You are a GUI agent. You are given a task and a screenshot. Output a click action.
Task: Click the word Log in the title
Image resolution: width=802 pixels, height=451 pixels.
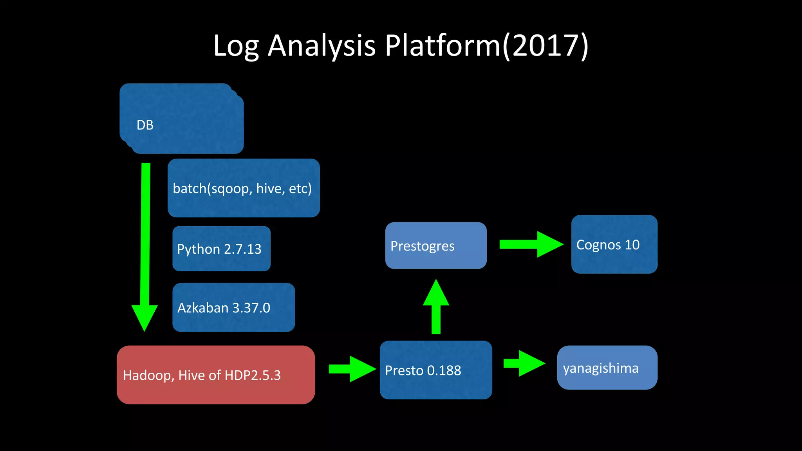[236, 46]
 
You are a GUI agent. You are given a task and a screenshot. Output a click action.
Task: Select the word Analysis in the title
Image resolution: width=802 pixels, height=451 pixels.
[322, 46]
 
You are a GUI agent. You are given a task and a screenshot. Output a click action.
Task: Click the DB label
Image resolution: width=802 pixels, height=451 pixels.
[145, 125]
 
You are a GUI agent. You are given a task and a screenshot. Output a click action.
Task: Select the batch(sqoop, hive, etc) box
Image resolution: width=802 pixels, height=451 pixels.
[244, 188]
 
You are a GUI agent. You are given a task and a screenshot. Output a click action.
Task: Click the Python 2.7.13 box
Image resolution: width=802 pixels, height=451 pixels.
[221, 249]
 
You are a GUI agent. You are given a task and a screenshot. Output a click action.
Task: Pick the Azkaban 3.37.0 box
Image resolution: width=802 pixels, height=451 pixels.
[233, 307]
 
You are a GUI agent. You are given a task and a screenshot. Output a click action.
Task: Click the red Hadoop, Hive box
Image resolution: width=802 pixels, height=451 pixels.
[216, 375]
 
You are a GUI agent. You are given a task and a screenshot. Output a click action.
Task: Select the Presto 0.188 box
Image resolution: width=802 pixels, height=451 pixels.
[436, 370]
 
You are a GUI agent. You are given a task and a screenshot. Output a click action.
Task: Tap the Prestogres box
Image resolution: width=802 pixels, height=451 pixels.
[436, 245]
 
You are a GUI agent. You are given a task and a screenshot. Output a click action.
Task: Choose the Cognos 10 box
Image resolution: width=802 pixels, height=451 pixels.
[614, 244]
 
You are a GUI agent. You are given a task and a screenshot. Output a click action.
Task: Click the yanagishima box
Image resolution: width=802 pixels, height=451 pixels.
[607, 368]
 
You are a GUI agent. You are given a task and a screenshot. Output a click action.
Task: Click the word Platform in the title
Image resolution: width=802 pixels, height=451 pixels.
[443, 46]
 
